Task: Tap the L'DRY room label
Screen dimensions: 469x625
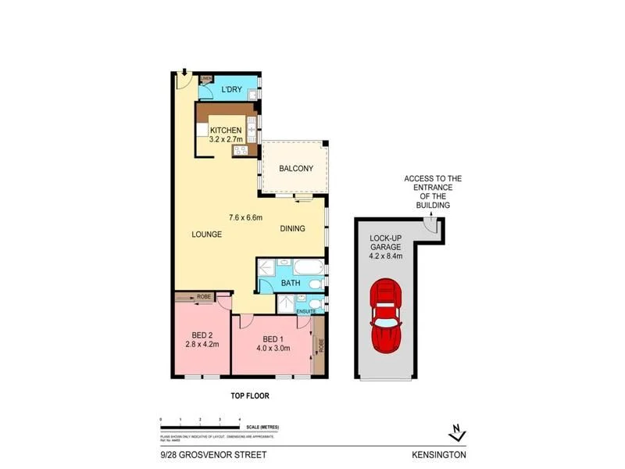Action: pyautogui.click(x=231, y=91)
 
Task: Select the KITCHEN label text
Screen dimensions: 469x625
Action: pyautogui.click(x=227, y=131)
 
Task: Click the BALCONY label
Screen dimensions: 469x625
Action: pyautogui.click(x=296, y=168)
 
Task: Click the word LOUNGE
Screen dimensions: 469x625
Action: pyautogui.click(x=207, y=234)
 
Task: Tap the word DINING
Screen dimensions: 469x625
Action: pyautogui.click(x=292, y=229)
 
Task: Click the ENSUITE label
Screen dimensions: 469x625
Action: pyautogui.click(x=306, y=311)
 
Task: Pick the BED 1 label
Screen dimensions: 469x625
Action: pyautogui.click(x=273, y=338)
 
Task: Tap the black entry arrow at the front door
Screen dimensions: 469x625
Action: pyautogui.click(x=183, y=73)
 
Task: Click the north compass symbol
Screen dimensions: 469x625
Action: pyautogui.click(x=459, y=431)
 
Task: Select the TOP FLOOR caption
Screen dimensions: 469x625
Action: pyautogui.click(x=249, y=396)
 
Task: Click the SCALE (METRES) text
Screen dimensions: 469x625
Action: pyautogui.click(x=262, y=428)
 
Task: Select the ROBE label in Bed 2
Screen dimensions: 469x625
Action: pyautogui.click(x=205, y=297)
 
